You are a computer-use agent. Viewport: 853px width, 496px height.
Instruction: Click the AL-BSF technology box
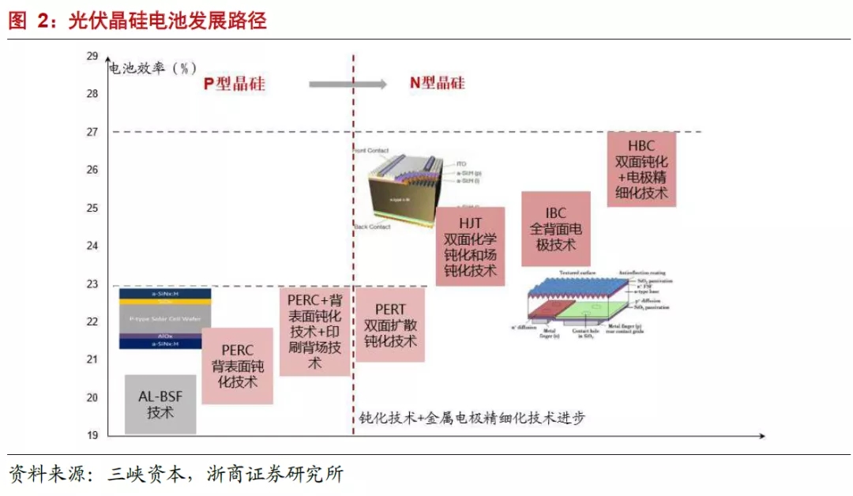160,404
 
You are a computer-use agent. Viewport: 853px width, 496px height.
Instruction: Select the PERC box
237,366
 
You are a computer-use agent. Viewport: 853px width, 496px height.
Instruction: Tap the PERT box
390,325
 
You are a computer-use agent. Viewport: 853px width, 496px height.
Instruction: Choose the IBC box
555,228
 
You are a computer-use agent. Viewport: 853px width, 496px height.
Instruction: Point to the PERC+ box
314,332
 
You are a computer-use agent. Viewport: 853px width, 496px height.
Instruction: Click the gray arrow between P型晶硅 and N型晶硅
347,84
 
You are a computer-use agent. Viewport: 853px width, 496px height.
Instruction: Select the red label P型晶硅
234,84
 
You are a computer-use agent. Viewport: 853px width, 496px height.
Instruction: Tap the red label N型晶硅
437,83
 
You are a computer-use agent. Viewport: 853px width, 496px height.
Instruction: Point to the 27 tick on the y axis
92,132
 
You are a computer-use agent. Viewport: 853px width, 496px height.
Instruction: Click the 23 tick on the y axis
92,284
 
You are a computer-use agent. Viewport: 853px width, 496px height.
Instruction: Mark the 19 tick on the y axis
92,435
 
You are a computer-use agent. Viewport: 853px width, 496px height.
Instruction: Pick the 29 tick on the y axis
92,56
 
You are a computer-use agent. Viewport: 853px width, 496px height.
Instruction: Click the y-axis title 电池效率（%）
152,68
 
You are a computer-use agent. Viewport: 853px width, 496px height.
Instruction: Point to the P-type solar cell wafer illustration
160,318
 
